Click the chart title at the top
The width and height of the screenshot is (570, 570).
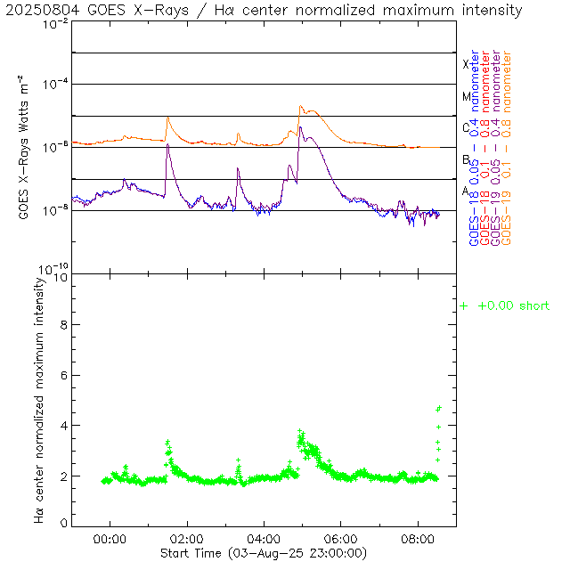[265, 10]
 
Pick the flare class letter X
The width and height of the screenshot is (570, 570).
[466, 64]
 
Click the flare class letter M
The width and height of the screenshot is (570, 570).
[466, 96]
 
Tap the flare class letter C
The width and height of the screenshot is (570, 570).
[466, 127]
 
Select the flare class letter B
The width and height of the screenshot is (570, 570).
[466, 159]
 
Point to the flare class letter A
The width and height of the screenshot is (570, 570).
[466, 191]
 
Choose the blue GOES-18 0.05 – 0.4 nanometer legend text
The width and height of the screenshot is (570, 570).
[473, 147]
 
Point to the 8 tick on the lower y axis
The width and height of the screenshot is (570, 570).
[62, 326]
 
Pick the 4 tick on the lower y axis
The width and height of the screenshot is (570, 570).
[62, 426]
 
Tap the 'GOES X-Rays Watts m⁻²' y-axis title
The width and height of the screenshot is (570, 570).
[24, 147]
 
